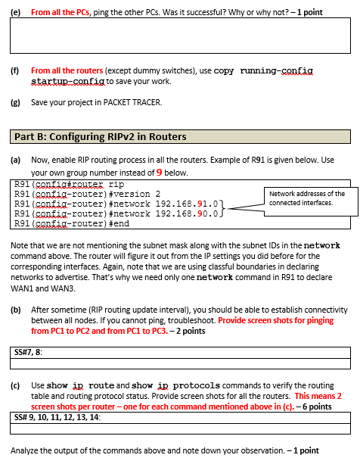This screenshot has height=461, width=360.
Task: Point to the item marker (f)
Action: [x=14, y=70]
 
